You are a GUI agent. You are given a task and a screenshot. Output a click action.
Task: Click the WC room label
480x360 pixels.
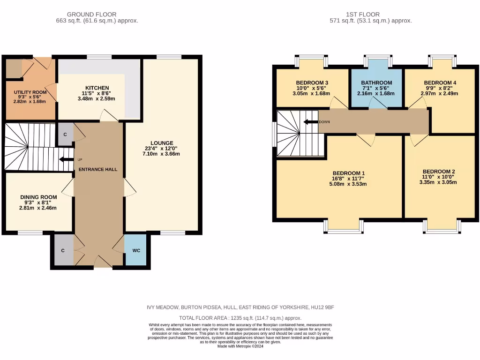[136, 250]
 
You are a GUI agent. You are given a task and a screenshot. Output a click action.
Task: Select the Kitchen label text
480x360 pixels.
[97, 88]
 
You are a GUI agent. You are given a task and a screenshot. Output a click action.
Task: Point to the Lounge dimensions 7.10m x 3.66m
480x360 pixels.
[162, 154]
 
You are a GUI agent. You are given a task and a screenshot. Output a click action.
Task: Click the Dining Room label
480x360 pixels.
[38, 197]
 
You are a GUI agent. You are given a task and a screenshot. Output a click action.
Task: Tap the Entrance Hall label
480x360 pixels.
[98, 169]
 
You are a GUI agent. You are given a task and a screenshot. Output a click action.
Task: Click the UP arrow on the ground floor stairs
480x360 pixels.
[66, 159]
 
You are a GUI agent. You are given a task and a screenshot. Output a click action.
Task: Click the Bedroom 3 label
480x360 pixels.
[312, 82]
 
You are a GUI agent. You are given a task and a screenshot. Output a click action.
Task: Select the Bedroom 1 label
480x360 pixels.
[349, 173]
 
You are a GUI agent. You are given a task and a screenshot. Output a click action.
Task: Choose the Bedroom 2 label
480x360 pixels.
[438, 171]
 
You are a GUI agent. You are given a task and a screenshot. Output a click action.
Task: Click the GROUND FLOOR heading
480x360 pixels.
[91, 15]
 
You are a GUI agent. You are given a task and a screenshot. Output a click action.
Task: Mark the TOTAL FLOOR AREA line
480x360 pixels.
[240, 318]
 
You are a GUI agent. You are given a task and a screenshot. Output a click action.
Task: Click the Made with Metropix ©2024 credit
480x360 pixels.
[240, 346]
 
